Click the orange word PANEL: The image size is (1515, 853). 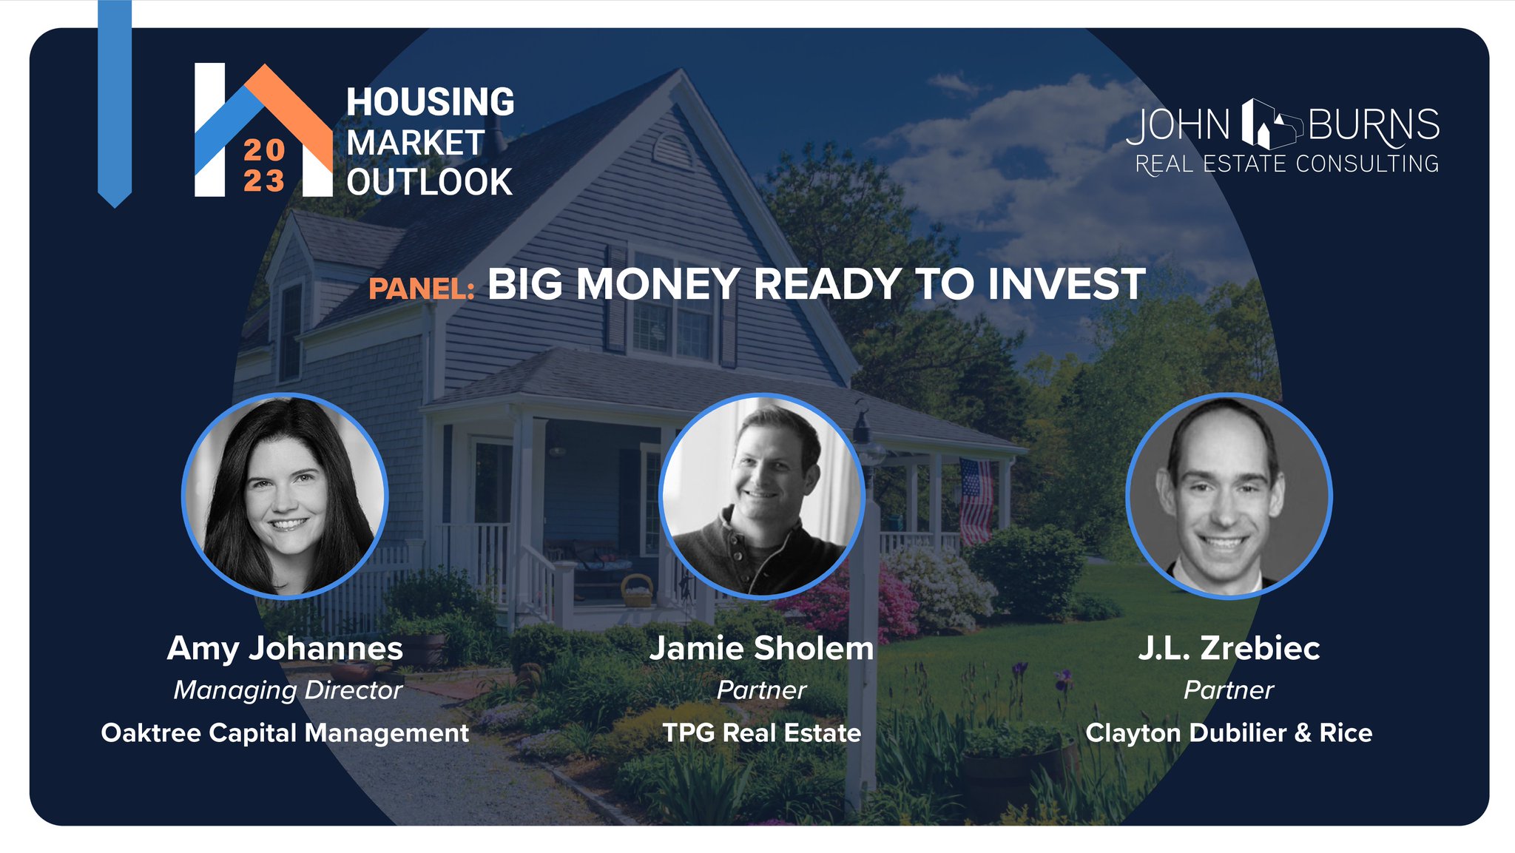point(422,289)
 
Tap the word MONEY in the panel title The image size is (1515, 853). point(657,284)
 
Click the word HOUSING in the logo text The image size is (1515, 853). point(430,102)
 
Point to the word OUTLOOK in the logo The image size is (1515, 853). point(429,182)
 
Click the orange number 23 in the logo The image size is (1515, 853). point(264,181)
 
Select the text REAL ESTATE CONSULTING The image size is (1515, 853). point(1286,164)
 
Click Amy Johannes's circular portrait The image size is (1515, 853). point(285,495)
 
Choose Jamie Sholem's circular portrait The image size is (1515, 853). point(761,495)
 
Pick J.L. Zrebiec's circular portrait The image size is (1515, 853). point(1228,495)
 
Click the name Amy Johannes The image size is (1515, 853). point(285,649)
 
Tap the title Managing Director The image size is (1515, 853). point(288,690)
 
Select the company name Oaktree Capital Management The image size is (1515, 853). point(285,732)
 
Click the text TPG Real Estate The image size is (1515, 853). point(761,732)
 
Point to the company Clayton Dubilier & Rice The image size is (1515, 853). point(1228,732)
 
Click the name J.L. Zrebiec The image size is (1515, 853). point(1228,649)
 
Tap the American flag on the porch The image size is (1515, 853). point(976,500)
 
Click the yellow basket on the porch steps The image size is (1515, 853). point(636,591)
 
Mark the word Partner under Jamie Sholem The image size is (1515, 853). point(761,690)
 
